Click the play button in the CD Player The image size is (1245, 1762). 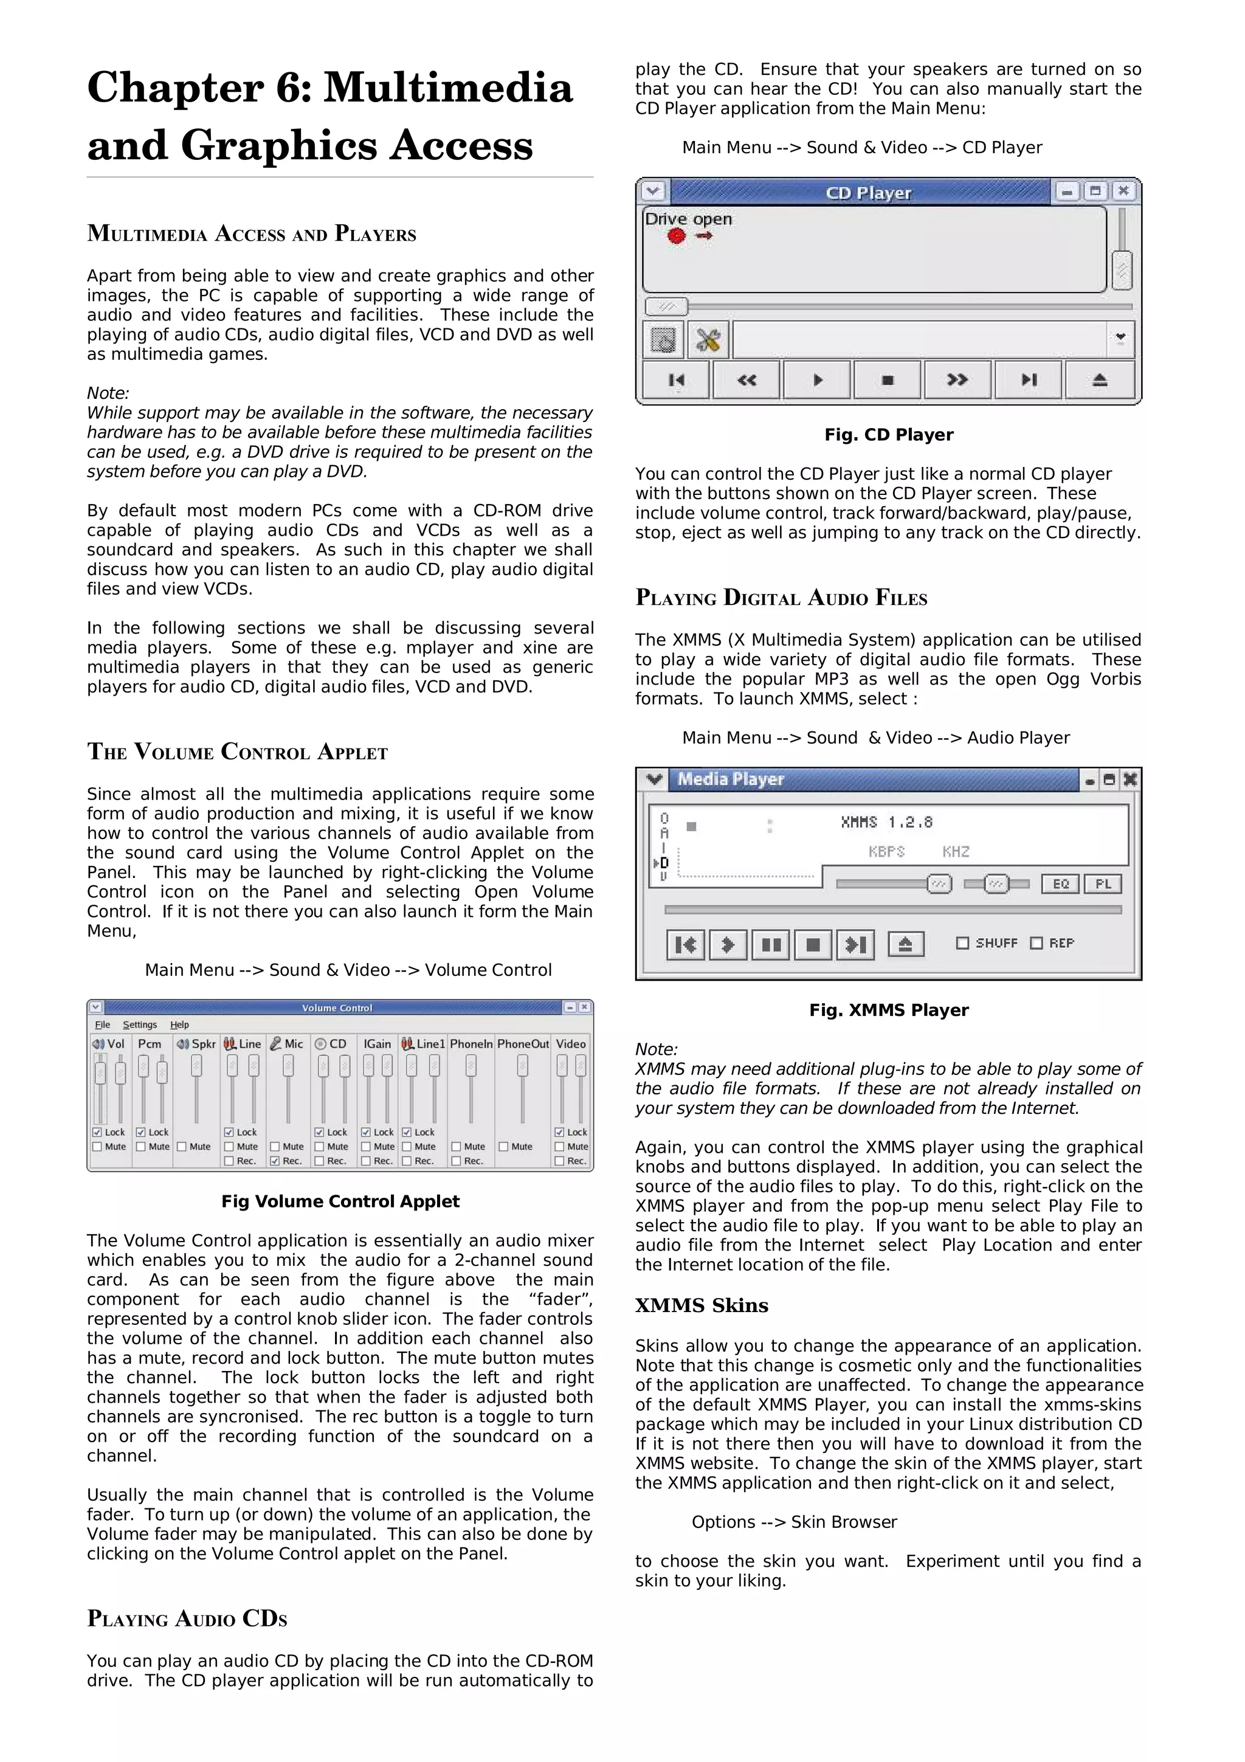[817, 380]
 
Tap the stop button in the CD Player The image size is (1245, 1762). [888, 380]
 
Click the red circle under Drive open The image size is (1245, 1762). [676, 237]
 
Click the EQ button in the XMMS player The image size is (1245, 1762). [1060, 884]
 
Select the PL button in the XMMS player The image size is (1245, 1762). [1103, 884]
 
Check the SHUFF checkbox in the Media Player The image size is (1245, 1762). [963, 943]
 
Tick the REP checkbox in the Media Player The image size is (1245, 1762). [1036, 943]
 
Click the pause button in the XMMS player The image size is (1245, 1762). [771, 945]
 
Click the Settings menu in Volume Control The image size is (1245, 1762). [140, 1024]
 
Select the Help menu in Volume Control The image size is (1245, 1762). [179, 1024]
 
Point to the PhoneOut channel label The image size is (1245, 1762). [523, 1044]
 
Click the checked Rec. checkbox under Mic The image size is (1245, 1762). [275, 1161]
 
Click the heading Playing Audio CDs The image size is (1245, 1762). [187, 1619]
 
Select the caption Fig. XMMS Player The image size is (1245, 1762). [888, 1010]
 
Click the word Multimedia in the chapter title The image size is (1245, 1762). [447, 87]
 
